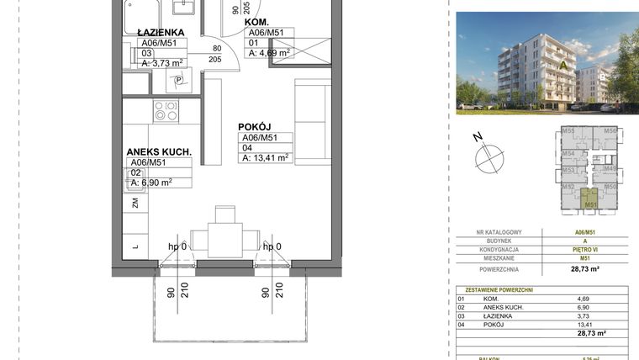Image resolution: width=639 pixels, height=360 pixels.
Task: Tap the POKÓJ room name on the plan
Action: [256, 126]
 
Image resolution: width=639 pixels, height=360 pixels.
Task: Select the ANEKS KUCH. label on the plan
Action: [159, 152]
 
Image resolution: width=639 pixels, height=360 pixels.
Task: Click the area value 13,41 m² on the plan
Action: [265, 157]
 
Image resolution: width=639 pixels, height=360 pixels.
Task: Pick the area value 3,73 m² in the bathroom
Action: [162, 62]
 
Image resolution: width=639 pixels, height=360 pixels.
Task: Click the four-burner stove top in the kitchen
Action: [165, 111]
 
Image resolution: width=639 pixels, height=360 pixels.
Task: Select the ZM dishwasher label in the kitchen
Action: [135, 203]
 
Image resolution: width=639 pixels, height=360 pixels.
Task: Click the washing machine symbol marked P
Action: [178, 81]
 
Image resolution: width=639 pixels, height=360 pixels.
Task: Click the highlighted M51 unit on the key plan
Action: [591, 202]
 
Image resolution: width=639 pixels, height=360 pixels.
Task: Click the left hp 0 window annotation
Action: [177, 247]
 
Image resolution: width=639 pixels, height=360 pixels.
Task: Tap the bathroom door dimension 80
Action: [216, 48]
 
